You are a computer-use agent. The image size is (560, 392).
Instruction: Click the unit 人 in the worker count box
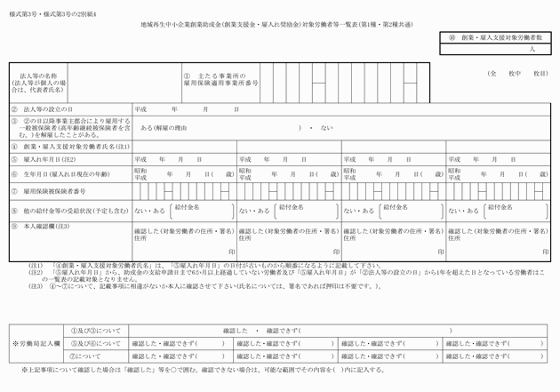tap(532, 51)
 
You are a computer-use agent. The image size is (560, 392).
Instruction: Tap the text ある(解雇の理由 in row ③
tap(164, 127)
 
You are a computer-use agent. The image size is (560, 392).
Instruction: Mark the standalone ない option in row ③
tap(327, 127)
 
